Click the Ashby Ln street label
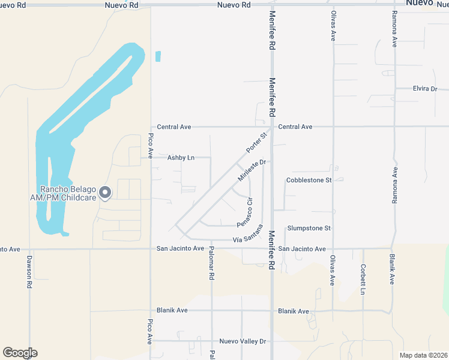pos(181,158)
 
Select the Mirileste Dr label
pos(252,170)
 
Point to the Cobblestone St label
pos(309,180)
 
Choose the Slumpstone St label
pos(309,229)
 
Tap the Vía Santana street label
pos(249,233)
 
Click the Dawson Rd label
pos(28,272)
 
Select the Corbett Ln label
pos(363,279)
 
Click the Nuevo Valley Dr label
pos(243,341)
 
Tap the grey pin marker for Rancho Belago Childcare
pos(105,193)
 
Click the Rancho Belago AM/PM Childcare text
pos(63,193)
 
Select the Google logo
pos(20,353)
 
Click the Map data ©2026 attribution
pos(423,355)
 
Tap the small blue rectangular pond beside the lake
pos(158,56)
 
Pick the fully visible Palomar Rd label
pos(211,266)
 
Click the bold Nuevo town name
pos(420,3)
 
